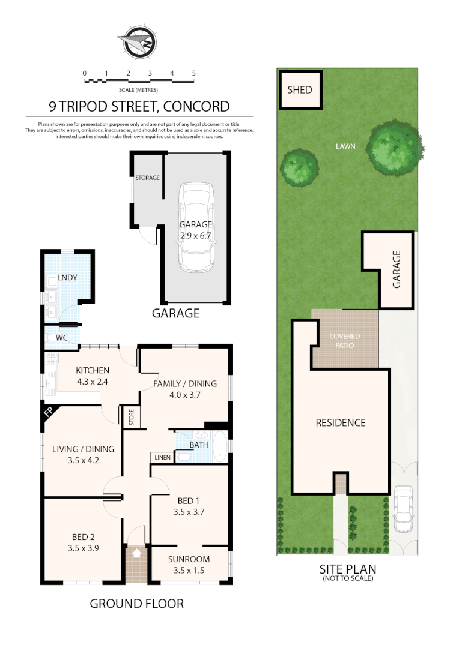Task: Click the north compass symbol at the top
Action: [x=138, y=43]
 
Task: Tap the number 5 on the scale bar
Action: [x=193, y=73]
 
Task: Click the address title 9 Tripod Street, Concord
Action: [x=139, y=107]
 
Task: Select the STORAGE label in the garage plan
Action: [x=147, y=178]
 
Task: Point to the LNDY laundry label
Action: [x=66, y=278]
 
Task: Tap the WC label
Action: [x=61, y=338]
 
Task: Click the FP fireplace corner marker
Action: [x=49, y=413]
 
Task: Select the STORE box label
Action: [x=130, y=418]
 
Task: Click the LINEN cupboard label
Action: [x=162, y=458]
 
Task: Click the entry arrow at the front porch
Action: [x=136, y=553]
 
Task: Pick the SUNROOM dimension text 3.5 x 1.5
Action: [x=189, y=571]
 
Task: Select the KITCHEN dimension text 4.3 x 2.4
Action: [x=92, y=380]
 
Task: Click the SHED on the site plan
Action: [x=300, y=90]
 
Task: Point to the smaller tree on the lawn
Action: [x=299, y=167]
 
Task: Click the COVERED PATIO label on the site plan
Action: [x=344, y=341]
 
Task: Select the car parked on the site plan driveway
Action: [x=403, y=509]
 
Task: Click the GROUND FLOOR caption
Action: [x=136, y=604]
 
